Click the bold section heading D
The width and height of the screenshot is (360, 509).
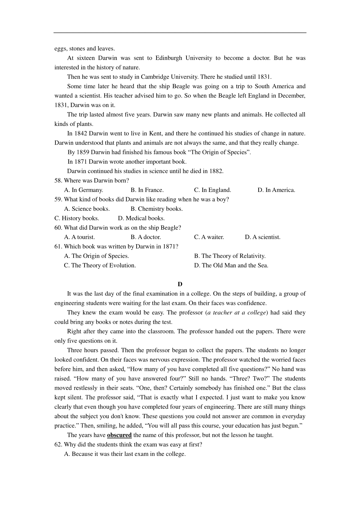pos(180,284)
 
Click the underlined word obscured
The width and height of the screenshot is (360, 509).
pos(119,435)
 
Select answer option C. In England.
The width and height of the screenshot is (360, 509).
pos(212,190)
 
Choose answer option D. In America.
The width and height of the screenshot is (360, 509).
pos(276,190)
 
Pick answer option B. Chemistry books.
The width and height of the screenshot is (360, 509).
pos(157,209)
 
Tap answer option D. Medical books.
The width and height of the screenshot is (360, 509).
pos(137,218)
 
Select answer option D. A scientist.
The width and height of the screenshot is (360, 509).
pos(262,237)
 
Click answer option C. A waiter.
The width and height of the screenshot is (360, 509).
pos(209,237)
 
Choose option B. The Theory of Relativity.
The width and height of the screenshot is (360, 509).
pos(230,256)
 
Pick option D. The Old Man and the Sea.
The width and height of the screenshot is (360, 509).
pos(231,265)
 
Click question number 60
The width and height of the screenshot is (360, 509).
pos(58,228)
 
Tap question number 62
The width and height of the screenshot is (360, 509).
pos(58,445)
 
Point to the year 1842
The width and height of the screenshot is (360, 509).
pos(81,133)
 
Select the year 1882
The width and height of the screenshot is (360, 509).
pos(216,171)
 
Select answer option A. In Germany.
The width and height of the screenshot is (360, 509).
pos(83,190)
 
